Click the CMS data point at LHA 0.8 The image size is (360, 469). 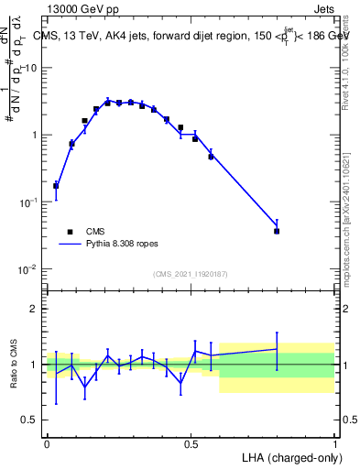coord(277,231)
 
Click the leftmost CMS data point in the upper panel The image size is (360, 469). coord(56,186)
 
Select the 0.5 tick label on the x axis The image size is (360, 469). coord(191,443)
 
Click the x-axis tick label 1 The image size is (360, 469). coord(334,443)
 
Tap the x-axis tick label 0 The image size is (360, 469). coord(47,443)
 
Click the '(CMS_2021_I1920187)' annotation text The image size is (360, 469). coord(190,274)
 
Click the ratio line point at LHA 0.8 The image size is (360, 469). coord(277,349)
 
